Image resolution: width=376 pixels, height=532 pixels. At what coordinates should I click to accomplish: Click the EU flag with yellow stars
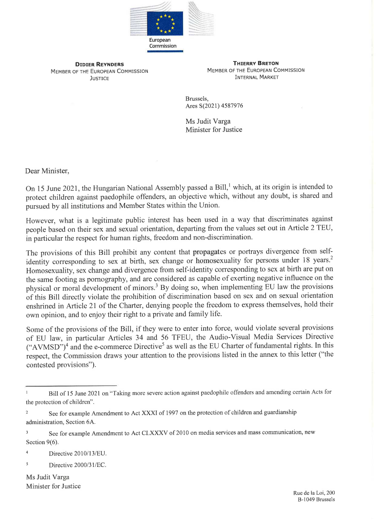coord(164,24)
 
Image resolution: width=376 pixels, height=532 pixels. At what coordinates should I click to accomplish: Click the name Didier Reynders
coord(99,64)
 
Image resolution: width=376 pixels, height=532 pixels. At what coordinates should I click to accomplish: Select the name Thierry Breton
coord(256,63)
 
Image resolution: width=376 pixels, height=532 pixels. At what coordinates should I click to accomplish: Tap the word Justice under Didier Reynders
coord(99,78)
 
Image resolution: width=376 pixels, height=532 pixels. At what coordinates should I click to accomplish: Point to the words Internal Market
coord(256,77)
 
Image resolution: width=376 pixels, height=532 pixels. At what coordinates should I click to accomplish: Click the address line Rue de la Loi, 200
coord(314,492)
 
